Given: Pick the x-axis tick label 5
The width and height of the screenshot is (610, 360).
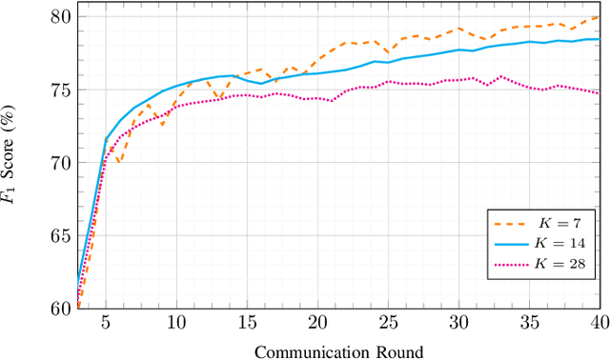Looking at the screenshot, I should (x=106, y=322).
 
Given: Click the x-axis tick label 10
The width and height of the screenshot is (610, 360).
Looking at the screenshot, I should (x=176, y=322).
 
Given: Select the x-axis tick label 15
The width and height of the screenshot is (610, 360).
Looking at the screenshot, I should (x=247, y=322).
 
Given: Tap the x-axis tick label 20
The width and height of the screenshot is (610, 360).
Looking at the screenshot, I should (x=317, y=322).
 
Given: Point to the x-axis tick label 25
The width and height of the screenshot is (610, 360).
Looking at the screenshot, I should (x=388, y=322).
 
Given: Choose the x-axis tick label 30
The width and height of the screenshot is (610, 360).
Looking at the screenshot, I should (x=458, y=322).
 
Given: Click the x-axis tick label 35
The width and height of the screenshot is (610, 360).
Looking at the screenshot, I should (x=529, y=322).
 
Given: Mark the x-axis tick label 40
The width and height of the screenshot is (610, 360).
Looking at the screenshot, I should (x=598, y=322).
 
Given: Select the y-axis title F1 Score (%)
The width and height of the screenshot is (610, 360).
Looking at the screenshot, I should (x=13, y=162).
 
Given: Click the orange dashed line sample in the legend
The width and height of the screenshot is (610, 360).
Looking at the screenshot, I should (x=513, y=224).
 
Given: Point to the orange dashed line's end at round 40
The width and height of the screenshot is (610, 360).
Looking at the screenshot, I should (x=599, y=17).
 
